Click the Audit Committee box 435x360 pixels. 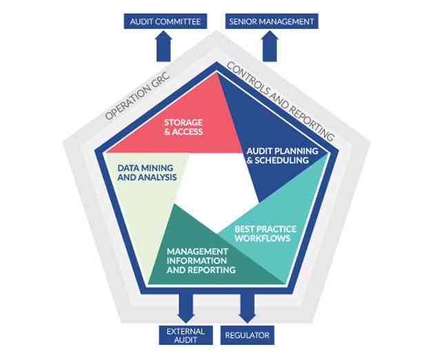(x=165, y=21)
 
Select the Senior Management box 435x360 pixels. (x=271, y=21)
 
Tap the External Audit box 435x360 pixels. (x=186, y=335)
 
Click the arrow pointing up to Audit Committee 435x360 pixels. (x=165, y=46)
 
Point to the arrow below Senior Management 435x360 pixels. (x=270, y=46)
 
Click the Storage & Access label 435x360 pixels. (x=183, y=127)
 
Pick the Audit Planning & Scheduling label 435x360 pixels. (x=282, y=155)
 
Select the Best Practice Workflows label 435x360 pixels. (x=263, y=233)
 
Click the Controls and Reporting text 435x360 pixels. (x=281, y=101)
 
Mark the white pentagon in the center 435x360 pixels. (x=214, y=181)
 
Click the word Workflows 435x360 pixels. (x=263, y=238)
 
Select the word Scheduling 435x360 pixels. (x=292, y=160)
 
